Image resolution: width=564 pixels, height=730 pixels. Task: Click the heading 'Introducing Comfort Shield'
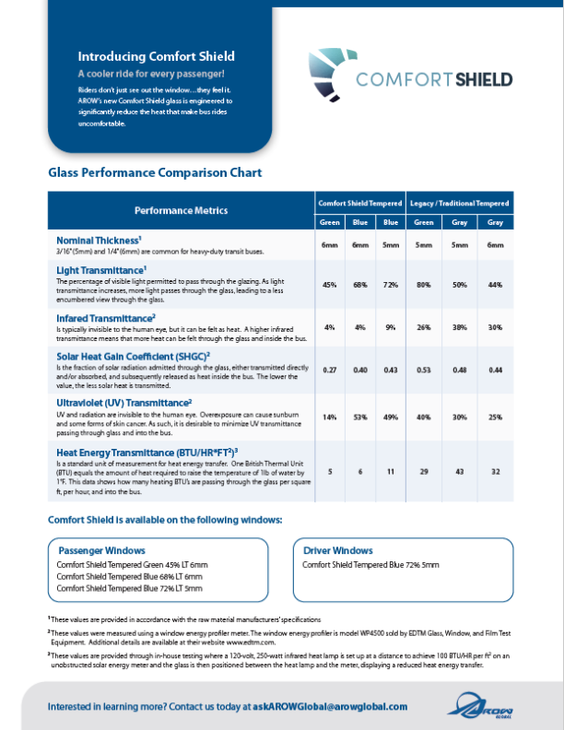[156, 56]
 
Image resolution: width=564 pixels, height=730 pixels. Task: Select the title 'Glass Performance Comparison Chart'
[155, 172]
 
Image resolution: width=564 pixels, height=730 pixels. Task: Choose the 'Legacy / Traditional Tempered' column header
[459, 202]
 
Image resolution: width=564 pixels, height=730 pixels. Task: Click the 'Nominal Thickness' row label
[99, 240]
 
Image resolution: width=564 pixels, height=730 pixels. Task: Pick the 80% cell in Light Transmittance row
[425, 285]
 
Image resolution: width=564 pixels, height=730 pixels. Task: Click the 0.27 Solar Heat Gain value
[328, 369]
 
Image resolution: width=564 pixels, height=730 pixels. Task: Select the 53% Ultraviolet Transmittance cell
[360, 417]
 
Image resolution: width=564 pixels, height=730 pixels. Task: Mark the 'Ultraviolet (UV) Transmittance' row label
[123, 403]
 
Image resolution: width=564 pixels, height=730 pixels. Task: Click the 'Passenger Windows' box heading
[100, 549]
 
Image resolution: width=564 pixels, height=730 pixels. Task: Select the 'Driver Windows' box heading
[337, 550]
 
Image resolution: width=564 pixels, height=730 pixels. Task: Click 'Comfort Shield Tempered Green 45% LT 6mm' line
[132, 564]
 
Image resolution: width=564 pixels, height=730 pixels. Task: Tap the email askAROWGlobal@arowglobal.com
[329, 706]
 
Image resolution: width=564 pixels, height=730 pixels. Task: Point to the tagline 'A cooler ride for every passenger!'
[151, 73]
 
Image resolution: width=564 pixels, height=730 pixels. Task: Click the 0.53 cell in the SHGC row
[425, 369]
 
